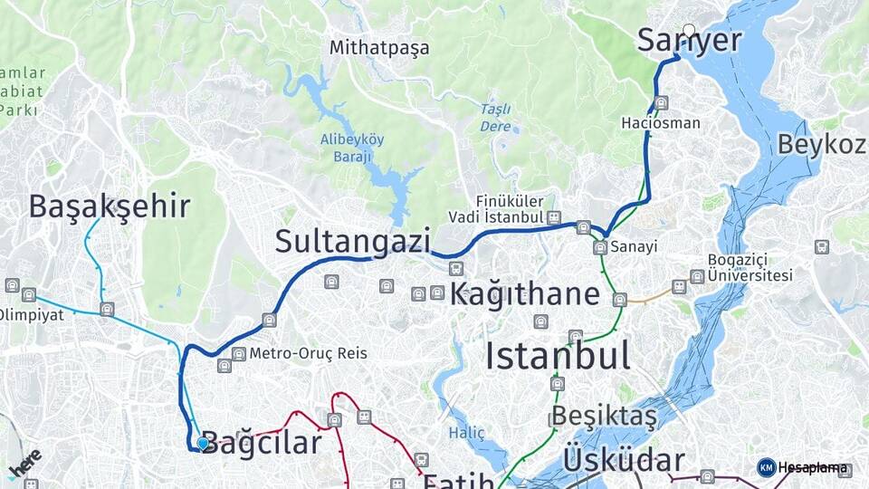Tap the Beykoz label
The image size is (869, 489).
point(821,144)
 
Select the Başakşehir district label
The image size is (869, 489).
point(110,206)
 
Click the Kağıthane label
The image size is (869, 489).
point(525,294)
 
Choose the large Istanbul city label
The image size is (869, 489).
point(558,356)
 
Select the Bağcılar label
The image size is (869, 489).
point(261,443)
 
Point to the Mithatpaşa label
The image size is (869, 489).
point(379,47)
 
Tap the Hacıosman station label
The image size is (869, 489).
point(661,122)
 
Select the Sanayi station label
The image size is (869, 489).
point(632,246)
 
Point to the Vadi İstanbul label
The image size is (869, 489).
point(496,217)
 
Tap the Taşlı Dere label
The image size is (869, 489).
point(495,118)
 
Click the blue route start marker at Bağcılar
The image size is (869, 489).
point(203,443)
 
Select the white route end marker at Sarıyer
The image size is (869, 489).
point(689,31)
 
